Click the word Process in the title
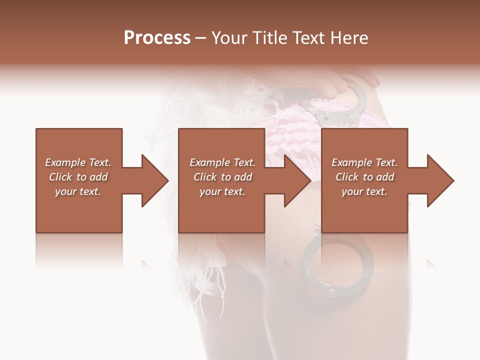157,38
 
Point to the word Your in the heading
228,38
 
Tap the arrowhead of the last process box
439,180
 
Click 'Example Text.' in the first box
78,162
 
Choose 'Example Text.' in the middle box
222,162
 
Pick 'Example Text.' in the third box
364,162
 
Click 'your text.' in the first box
78,191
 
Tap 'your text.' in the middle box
222,191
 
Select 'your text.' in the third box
364,191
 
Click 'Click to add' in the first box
78,177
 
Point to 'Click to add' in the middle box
222,177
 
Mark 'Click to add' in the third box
364,177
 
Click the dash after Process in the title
201,38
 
